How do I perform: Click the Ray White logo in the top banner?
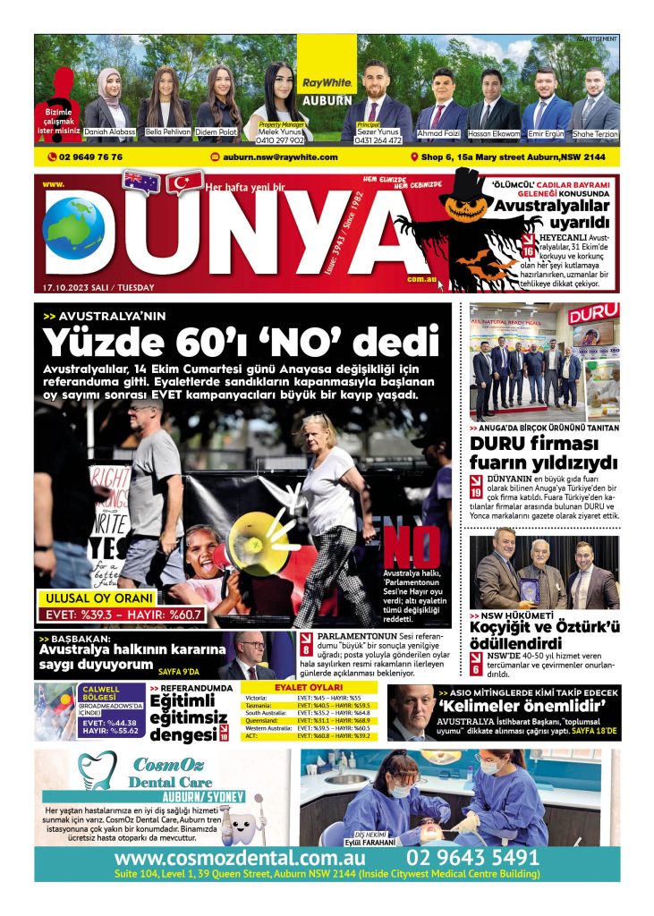pyautogui.click(x=327, y=83)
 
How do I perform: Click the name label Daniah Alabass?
pyautogui.click(x=110, y=131)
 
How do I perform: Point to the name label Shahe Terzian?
pyautogui.click(x=595, y=133)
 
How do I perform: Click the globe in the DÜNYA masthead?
pyautogui.click(x=73, y=229)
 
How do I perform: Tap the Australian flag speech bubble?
pyautogui.click(x=141, y=182)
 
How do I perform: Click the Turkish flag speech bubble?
pyautogui.click(x=184, y=182)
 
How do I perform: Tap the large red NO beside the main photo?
pyautogui.click(x=412, y=547)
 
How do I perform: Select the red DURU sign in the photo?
pyautogui.click(x=593, y=315)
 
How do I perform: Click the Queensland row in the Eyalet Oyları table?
pyautogui.click(x=310, y=719)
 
